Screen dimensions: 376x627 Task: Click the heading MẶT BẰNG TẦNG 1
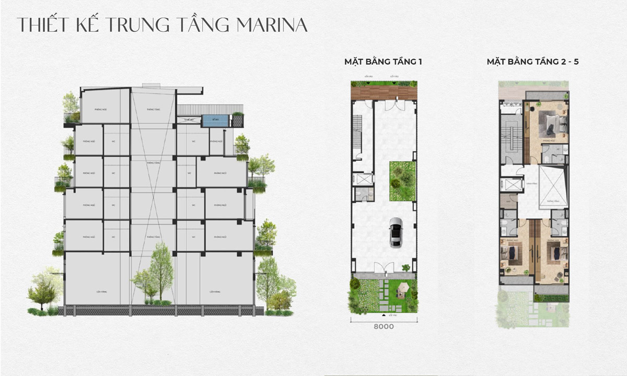[382, 62]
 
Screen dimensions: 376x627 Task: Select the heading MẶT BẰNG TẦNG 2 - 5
[532, 62]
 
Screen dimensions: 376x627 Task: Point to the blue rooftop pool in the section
[213, 121]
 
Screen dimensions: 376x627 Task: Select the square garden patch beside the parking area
[402, 181]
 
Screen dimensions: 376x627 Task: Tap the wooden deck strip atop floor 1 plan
[384, 93]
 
